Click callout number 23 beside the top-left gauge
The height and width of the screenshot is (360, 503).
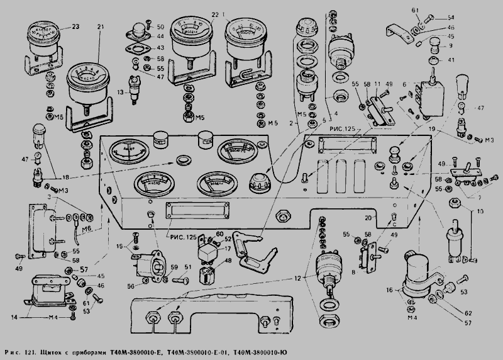click(75, 27)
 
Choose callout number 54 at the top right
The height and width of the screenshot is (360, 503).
click(433, 17)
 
